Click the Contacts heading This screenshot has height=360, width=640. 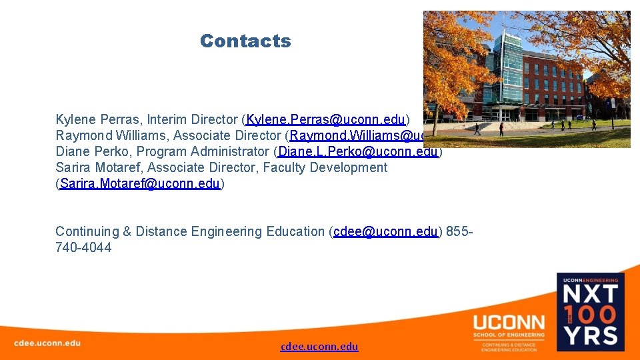[x=245, y=41]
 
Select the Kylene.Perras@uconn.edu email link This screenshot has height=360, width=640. [x=326, y=120]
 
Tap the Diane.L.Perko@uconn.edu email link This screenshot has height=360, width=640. [x=358, y=152]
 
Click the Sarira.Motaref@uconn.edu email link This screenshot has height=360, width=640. [x=140, y=184]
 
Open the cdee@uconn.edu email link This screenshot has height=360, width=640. [x=385, y=232]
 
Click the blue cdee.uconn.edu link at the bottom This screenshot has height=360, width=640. [x=319, y=347]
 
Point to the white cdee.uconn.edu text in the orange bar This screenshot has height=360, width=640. [x=47, y=343]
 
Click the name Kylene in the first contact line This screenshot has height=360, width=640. [x=75, y=120]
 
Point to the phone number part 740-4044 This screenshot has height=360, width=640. [x=83, y=248]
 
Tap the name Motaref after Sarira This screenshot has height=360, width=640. [x=120, y=168]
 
